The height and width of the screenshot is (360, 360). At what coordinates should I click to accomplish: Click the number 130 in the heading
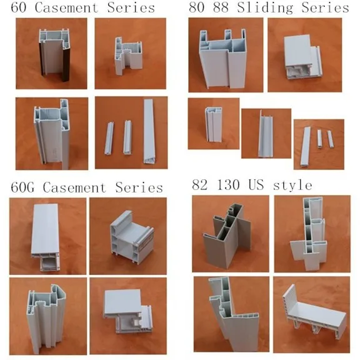(x=236, y=186)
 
